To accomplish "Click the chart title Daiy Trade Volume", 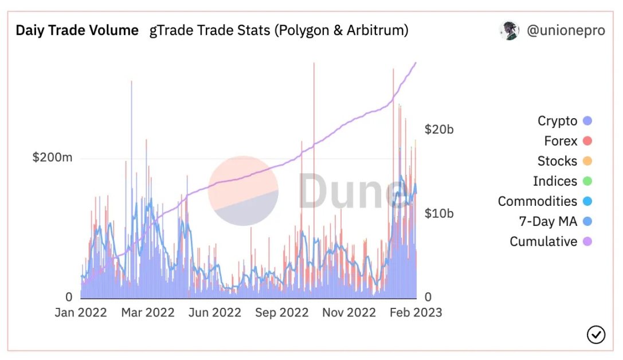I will coord(77,30).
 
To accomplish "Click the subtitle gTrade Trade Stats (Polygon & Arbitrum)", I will coord(279,30).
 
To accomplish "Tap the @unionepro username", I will coord(565,30).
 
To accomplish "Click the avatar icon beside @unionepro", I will coord(509,30).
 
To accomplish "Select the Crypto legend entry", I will coord(557,121).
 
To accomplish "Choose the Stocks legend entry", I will coord(557,161).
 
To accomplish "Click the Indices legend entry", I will coord(555,181).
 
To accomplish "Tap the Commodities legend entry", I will coord(537,201).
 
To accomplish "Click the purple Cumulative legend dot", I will coord(587,241).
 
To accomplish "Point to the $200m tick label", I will coord(52,158).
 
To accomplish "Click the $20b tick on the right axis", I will coord(438,130).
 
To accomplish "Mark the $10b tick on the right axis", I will coord(438,213).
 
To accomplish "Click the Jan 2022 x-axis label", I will coord(81,312).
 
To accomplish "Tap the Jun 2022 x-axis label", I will coord(215,312).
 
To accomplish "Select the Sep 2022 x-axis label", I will coord(282,312).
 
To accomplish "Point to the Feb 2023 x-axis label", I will coord(416,312).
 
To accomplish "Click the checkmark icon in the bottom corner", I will coord(596,334).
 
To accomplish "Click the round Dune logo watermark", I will coord(243,190).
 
